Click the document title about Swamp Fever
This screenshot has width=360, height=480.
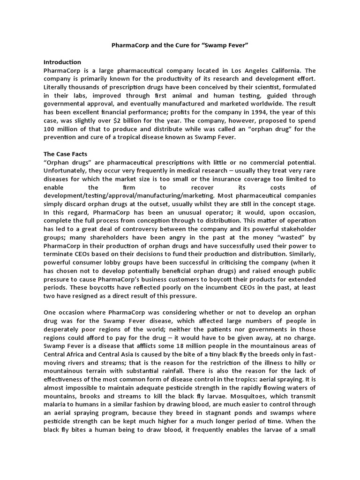coord(180,46)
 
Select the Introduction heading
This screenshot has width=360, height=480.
coord(62,62)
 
